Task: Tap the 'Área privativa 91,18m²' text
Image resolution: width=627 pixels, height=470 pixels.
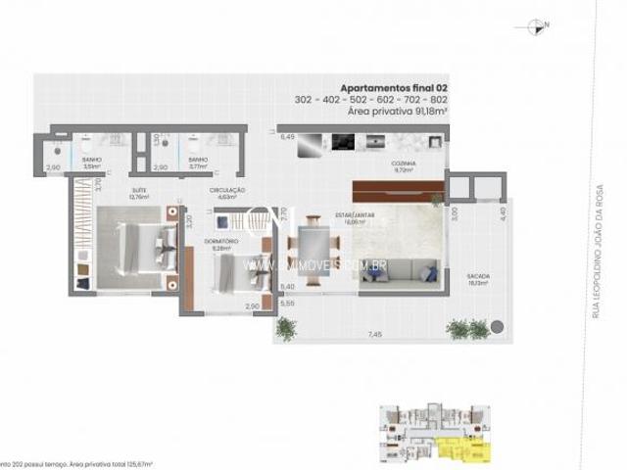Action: click(x=398, y=112)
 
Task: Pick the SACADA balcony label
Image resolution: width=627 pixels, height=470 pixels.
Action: click(x=478, y=278)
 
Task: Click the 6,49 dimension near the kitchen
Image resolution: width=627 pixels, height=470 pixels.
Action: click(x=288, y=138)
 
